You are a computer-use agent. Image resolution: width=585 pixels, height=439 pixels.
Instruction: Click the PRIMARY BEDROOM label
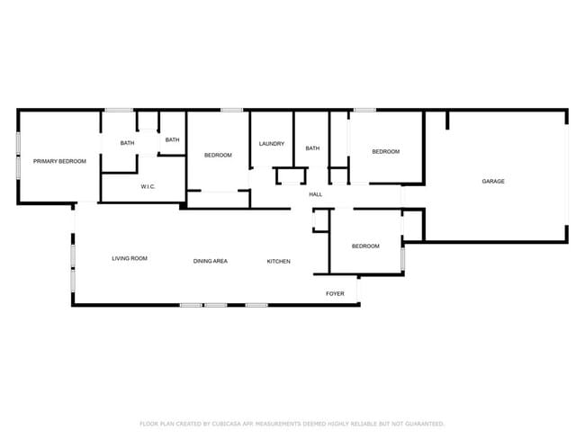tap(59, 161)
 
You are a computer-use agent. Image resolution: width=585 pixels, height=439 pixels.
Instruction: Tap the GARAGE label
tap(493, 182)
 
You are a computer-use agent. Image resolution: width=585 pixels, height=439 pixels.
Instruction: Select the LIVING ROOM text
tap(130, 258)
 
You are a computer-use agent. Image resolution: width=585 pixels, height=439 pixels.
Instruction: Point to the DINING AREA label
tap(211, 261)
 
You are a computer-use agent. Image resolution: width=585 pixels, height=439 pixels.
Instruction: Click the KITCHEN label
tap(278, 261)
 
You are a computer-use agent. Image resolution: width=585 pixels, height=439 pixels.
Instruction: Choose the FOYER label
tap(335, 293)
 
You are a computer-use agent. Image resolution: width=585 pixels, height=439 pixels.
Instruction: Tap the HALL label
tap(316, 194)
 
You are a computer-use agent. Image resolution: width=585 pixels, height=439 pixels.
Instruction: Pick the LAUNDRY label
tap(272, 144)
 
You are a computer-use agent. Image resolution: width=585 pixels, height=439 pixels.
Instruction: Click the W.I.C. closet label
tap(149, 186)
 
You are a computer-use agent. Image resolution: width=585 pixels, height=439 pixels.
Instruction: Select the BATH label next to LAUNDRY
tap(312, 148)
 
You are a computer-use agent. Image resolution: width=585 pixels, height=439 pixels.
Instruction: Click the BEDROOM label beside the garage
tap(386, 151)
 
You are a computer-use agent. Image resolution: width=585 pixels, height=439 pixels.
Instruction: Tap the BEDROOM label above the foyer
tap(364, 246)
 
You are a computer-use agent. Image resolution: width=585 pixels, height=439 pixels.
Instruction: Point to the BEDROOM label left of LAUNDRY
tap(218, 155)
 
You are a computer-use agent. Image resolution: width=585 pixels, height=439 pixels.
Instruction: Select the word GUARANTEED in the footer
tap(423, 423)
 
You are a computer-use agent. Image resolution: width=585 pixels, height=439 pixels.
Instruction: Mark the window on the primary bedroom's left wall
tap(18, 155)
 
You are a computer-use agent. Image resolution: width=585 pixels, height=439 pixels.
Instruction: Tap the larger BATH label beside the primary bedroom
tap(128, 143)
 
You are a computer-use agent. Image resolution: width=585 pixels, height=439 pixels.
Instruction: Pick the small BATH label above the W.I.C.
tap(172, 139)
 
